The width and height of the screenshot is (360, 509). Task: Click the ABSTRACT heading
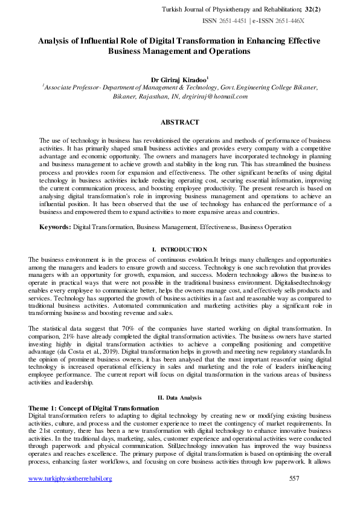click(179, 122)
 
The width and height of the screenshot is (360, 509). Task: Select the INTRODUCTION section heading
click(183, 250)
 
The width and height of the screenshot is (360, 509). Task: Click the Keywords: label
click(55, 227)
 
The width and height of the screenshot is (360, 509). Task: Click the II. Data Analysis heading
click(179, 397)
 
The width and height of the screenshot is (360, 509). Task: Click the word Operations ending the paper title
click(228, 51)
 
